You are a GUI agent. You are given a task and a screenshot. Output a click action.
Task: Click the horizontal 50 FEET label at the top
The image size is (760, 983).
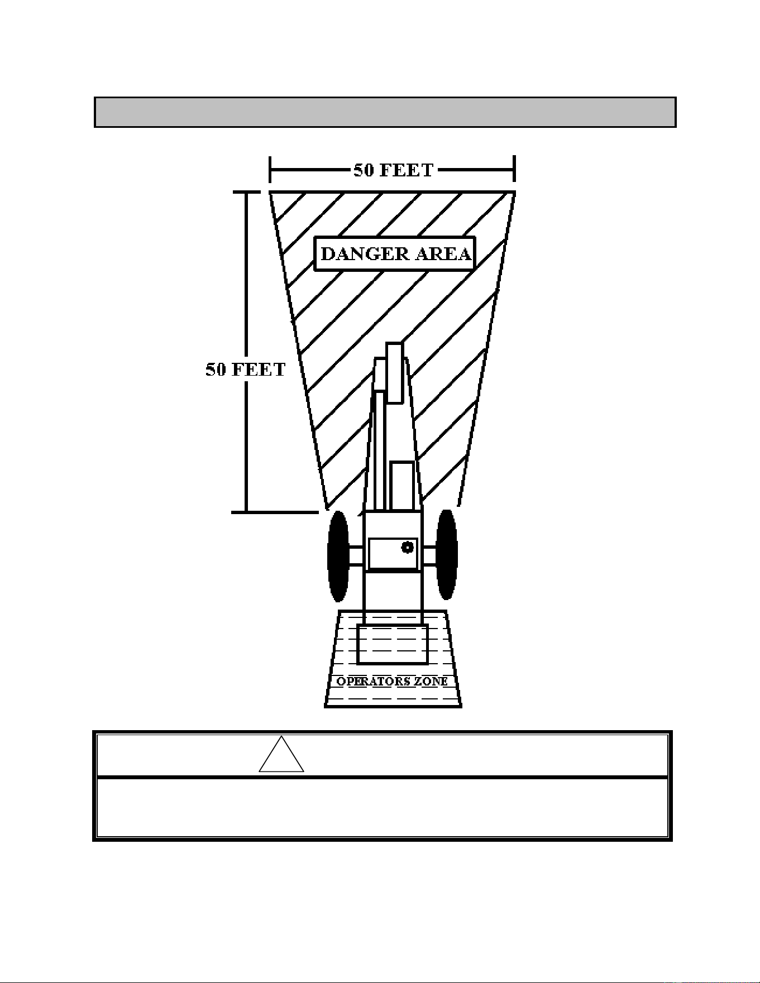click(x=393, y=170)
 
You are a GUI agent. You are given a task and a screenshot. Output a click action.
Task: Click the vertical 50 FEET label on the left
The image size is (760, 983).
click(x=246, y=370)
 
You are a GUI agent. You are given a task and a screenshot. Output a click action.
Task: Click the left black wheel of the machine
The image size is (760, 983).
click(x=338, y=556)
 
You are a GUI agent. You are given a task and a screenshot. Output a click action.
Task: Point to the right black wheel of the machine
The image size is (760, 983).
click(x=447, y=554)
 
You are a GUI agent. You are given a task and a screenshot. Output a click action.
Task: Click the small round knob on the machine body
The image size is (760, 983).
click(x=408, y=547)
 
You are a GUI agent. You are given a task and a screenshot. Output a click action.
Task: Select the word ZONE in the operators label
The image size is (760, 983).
click(x=430, y=681)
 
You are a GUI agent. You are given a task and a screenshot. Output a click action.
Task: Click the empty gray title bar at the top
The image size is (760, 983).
click(x=385, y=112)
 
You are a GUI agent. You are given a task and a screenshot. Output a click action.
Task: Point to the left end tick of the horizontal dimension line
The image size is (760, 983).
click(x=270, y=169)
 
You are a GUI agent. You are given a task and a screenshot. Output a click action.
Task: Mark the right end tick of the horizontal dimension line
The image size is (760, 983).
click(x=514, y=169)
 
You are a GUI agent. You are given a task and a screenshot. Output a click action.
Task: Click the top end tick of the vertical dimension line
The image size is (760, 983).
click(x=246, y=191)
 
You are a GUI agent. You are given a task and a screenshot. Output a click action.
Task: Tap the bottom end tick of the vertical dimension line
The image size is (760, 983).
click(x=274, y=512)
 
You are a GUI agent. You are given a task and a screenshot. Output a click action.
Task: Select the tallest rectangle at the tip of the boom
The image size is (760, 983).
click(x=394, y=373)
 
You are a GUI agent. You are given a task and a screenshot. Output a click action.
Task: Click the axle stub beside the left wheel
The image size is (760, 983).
click(x=356, y=556)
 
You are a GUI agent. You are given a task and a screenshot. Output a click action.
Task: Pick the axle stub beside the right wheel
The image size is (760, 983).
click(x=428, y=556)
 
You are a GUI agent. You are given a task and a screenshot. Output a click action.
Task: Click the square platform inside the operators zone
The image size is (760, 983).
click(x=393, y=644)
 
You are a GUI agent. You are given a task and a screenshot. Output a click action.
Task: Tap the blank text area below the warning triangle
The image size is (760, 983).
click(x=383, y=807)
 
